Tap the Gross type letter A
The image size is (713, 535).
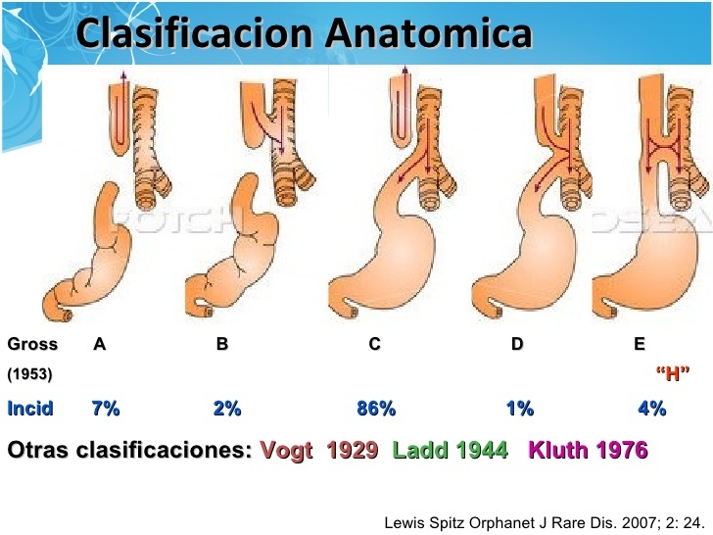coord(99,345)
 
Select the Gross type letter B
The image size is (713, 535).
coord(221,345)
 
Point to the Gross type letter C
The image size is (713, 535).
coord(374,345)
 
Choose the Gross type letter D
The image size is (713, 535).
coord(517,345)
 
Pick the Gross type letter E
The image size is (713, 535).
coord(639,345)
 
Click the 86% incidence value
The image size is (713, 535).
coord(375,409)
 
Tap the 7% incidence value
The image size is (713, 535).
coord(105,409)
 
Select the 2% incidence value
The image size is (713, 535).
coord(226,409)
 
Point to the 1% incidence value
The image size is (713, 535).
coord(519,409)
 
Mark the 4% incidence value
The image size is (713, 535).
coord(651,409)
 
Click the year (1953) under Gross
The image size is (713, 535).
coord(30,374)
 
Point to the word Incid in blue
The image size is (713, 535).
coord(30,409)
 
